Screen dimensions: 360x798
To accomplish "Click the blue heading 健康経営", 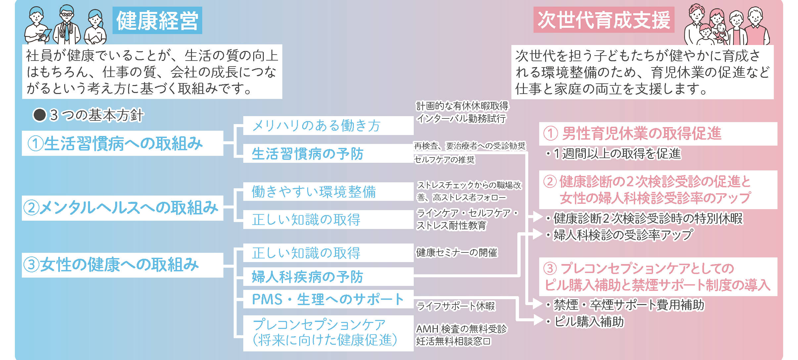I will pos(157,21).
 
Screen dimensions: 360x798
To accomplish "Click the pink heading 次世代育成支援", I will pos(603,20).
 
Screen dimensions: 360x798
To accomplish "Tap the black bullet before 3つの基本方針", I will pos(39,115).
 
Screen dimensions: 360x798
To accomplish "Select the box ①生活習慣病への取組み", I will pos(122,143).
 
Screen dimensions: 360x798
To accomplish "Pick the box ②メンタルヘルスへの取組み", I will pos(122,208).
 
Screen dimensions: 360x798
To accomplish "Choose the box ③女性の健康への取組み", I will pos(122,265).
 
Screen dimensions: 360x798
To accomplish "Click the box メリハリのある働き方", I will pos(328,126).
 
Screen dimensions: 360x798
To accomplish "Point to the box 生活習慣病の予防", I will pos(328,154).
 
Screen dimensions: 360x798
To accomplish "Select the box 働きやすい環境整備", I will pos(328,192).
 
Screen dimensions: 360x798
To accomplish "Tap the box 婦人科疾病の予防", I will pos(328,277).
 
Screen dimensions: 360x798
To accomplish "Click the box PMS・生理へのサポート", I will pos(328,299).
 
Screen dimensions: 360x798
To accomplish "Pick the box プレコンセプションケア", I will pos(328,333).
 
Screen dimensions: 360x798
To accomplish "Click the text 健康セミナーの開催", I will pos(456,253).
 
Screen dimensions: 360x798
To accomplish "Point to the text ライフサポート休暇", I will pos(455,306).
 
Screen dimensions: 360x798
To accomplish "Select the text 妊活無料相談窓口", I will pos(453,341).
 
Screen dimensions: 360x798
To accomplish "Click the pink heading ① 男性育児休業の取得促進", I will pos(632,134).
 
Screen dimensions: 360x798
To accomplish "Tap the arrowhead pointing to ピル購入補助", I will pos(538,320).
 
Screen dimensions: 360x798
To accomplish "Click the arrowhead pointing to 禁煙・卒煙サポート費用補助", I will pos(538,303).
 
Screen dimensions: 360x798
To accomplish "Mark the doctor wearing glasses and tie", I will pos(67,25).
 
